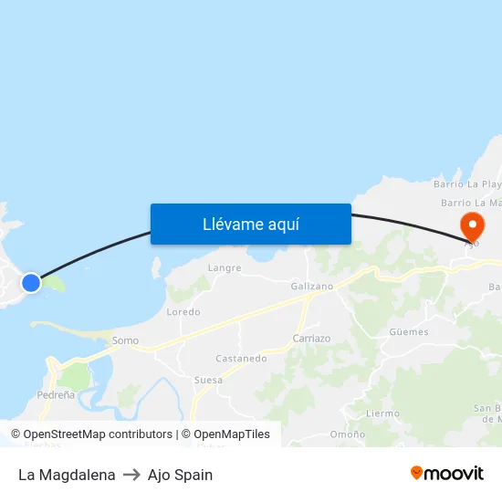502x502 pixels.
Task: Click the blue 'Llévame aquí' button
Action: (250, 224)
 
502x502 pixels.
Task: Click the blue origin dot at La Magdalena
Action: (31, 282)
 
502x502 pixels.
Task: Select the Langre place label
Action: (225, 268)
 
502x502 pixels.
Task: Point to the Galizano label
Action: (312, 287)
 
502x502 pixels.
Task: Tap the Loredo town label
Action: (183, 312)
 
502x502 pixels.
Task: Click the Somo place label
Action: (125, 340)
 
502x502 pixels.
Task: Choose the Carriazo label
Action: (311, 338)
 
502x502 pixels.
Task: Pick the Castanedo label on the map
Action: (241, 359)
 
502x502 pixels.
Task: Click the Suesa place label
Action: (208, 380)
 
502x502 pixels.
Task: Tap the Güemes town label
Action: (408, 332)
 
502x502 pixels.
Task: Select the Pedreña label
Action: (56, 394)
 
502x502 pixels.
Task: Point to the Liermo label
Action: (382, 413)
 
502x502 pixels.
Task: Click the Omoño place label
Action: (347, 434)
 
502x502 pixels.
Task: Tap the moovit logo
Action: (446, 473)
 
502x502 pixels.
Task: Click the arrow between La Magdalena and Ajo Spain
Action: (131, 475)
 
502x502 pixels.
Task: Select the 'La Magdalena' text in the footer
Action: (67, 475)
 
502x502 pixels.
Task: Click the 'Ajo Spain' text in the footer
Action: (180, 475)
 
